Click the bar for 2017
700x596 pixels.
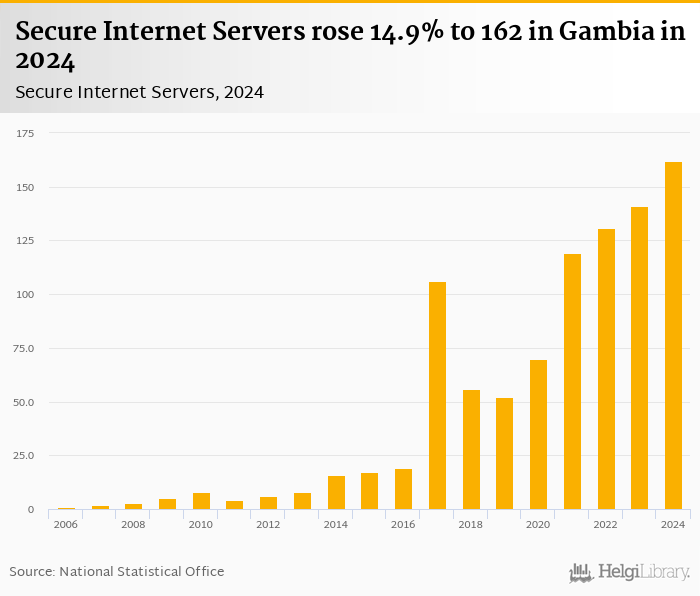point(437,396)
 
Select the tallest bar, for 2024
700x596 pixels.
point(673,336)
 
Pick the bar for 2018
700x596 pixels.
point(471,450)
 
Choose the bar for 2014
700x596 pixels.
point(336,493)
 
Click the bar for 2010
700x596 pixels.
point(201,501)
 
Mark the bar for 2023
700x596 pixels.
point(639,358)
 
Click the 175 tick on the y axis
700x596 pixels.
point(25,133)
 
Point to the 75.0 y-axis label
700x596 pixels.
point(23,348)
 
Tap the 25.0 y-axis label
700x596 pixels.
point(23,456)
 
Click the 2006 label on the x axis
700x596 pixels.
point(66,525)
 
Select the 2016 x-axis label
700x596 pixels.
point(403,525)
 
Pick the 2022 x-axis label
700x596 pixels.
point(605,525)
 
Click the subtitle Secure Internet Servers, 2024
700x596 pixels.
point(139,92)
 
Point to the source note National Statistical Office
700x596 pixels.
point(142,572)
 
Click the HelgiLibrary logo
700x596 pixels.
point(629,573)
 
